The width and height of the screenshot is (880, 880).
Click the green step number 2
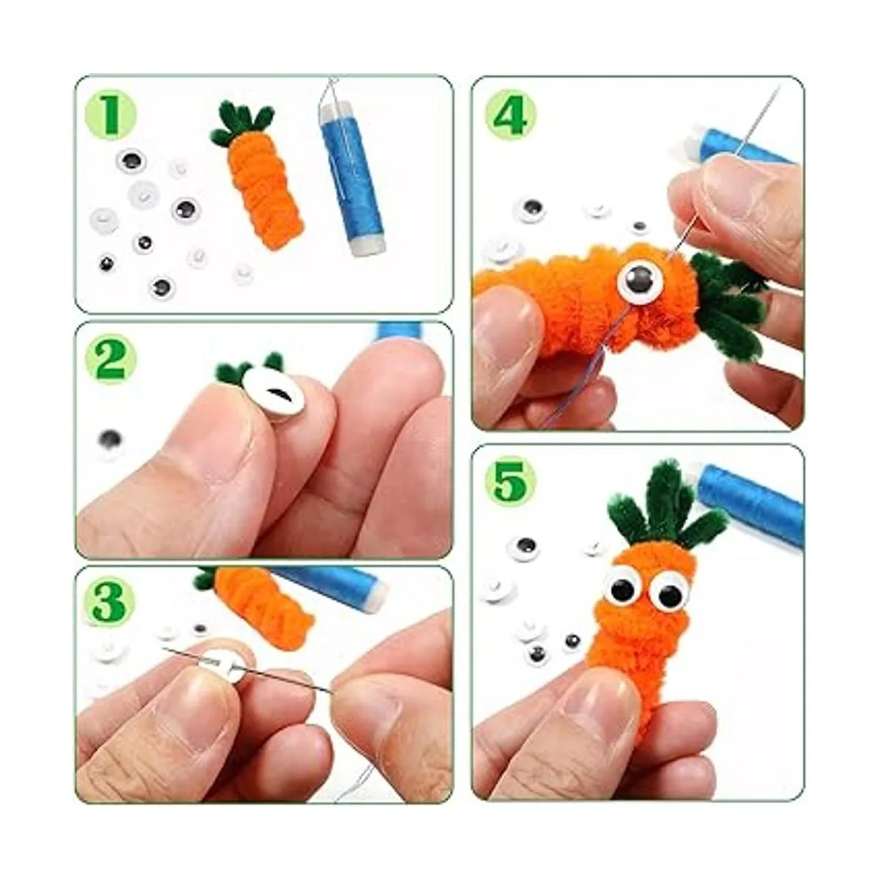(111, 360)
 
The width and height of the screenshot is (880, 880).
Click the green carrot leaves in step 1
(242, 122)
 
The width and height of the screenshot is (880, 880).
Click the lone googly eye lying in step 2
(111, 441)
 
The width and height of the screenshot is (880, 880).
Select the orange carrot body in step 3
(264, 603)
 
